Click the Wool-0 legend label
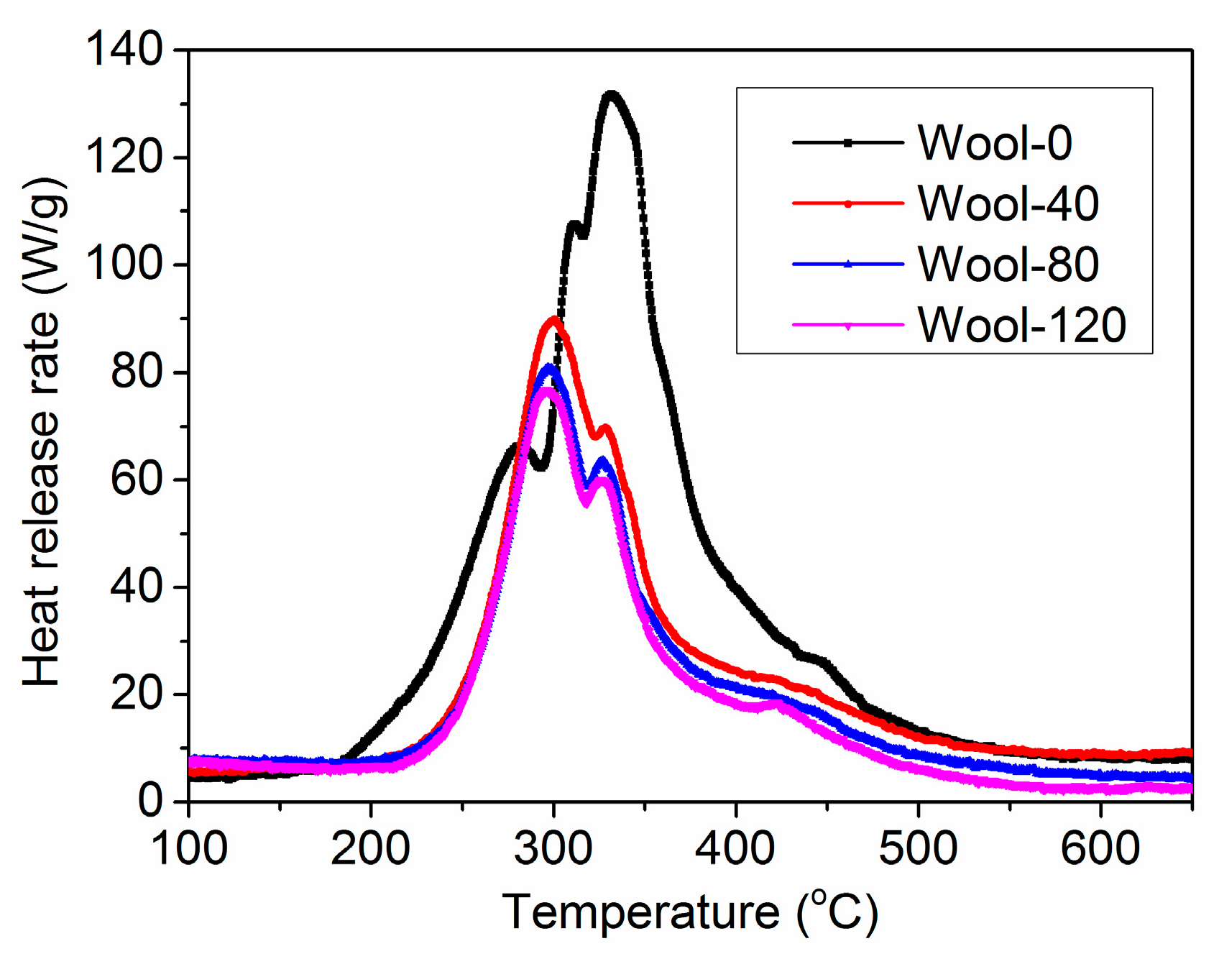tap(995, 142)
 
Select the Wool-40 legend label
tap(1008, 203)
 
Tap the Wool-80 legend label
tap(1008, 264)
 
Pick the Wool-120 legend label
tap(1021, 325)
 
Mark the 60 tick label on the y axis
tap(137, 479)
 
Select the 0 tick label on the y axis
tap(150, 800)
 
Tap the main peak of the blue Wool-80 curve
tap(550, 367)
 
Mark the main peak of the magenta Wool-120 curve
tap(547, 390)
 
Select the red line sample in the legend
tap(847, 203)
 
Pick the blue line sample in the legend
tap(847, 264)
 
